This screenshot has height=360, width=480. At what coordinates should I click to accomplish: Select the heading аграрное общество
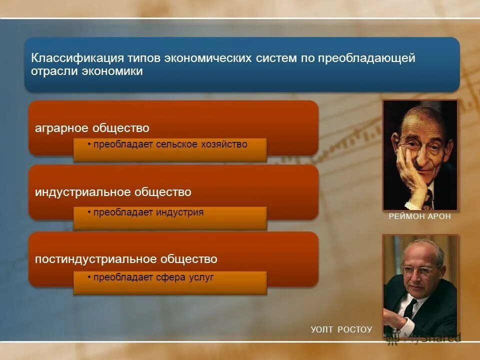(92, 128)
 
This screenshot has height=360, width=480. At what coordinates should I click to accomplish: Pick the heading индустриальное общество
(113, 192)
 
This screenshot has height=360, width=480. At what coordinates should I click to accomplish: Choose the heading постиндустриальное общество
(126, 259)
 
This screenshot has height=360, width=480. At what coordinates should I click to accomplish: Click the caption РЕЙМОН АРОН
(420, 217)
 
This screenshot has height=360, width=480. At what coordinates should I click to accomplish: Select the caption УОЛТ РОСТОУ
(341, 329)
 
